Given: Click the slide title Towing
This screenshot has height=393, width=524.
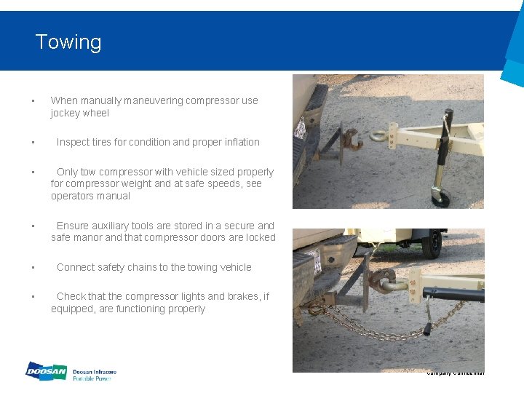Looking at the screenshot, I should [x=68, y=42].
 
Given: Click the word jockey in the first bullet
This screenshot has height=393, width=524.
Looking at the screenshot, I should [x=65, y=113].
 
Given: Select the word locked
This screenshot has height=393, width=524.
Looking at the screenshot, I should [x=258, y=237].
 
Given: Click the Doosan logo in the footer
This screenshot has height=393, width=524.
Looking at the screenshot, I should [x=46, y=372].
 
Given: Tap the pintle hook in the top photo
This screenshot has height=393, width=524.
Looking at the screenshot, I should [x=353, y=140].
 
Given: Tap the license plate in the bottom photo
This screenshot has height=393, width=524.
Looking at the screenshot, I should [x=315, y=262].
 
